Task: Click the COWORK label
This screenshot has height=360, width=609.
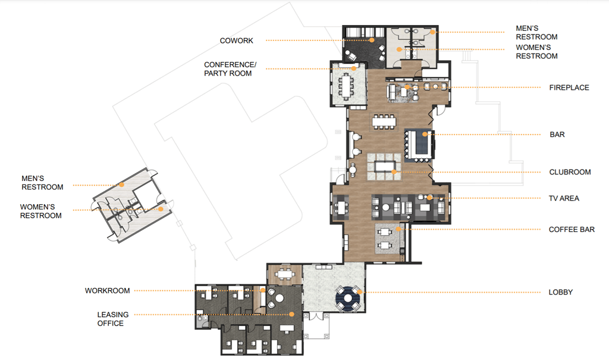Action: point(236,40)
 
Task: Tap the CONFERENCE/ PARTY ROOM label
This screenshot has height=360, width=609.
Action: point(228,69)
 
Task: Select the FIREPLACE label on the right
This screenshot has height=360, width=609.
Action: point(569,87)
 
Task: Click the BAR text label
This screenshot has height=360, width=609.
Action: point(557,134)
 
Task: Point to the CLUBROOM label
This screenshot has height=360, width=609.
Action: point(570,172)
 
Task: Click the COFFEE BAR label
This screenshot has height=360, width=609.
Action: point(572,229)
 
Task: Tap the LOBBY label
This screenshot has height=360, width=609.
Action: point(560,292)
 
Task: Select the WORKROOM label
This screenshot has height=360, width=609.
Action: point(107,290)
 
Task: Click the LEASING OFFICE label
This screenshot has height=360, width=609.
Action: point(111,319)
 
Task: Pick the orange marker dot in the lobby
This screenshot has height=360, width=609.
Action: point(359,292)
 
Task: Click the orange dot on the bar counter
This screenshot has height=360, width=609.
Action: point(423,134)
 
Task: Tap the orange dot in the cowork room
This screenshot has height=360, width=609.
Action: point(372,40)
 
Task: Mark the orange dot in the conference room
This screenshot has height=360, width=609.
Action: point(354,68)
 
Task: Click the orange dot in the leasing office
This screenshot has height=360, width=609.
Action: point(292,314)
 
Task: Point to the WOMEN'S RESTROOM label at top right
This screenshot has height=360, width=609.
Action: point(536,52)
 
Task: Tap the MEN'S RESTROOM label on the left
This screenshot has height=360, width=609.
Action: point(42,183)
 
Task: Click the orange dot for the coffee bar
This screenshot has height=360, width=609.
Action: point(399,228)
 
